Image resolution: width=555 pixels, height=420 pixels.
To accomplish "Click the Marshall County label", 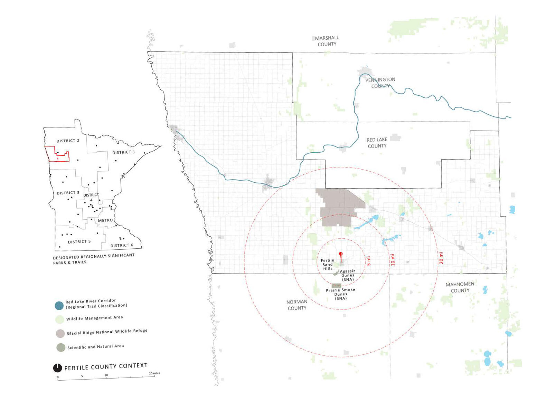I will [x=327, y=41].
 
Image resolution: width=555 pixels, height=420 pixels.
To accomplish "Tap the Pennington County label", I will [x=380, y=83].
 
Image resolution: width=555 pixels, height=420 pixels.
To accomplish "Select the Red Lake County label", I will [x=377, y=143].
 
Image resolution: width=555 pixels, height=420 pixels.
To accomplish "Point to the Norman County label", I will [x=297, y=305].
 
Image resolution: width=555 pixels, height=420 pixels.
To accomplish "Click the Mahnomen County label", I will [x=460, y=287].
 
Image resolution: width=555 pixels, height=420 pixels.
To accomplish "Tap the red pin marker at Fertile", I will [x=341, y=254].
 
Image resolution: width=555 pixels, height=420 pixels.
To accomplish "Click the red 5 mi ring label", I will [x=368, y=260].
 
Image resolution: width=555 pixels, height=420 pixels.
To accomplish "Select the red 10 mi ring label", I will [x=393, y=259].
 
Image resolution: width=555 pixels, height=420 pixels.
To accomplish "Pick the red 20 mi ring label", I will [x=441, y=258].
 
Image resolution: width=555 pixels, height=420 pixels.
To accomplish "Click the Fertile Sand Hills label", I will [x=327, y=264].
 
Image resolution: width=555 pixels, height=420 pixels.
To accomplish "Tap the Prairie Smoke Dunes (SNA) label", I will [x=340, y=294].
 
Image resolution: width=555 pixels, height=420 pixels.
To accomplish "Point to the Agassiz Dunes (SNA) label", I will [x=347, y=275].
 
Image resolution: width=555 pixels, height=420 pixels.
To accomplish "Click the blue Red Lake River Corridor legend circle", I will [x=59, y=305].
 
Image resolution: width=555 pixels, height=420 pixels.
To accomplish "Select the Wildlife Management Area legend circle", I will [x=60, y=319].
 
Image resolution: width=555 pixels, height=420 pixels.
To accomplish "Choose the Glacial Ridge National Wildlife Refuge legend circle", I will [x=60, y=333].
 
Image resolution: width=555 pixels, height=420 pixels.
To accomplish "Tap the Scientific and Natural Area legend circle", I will [x=61, y=347].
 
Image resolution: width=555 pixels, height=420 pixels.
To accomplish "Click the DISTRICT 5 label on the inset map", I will [x=79, y=241].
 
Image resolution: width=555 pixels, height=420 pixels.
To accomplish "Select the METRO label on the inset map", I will [x=105, y=220].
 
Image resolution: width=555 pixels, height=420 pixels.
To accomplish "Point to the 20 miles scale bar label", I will [x=154, y=373].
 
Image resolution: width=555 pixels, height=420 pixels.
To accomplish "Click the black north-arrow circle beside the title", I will [x=57, y=368].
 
